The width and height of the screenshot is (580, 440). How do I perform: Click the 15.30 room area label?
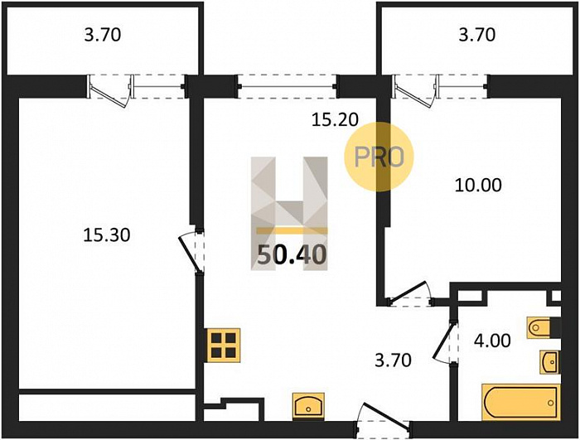[107, 235]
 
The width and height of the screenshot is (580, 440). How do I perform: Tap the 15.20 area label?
[335, 119]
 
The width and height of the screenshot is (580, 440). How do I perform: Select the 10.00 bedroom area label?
[478, 185]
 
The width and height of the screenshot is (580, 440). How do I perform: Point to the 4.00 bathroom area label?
[492, 341]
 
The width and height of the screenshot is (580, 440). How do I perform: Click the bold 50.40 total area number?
[292, 255]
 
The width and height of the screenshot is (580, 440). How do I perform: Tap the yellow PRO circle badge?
[379, 157]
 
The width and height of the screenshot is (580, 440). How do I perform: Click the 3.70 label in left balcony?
[103, 35]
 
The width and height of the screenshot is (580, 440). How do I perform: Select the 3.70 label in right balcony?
[476, 35]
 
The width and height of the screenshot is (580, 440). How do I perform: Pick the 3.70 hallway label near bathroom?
[393, 360]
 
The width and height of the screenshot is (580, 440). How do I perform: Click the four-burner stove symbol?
[224, 345]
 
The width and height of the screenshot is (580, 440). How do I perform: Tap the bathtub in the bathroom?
[521, 402]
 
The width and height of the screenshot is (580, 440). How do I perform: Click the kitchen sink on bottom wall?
[308, 406]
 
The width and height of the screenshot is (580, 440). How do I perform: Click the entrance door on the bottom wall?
[384, 418]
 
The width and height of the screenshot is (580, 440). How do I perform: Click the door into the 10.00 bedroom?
[409, 293]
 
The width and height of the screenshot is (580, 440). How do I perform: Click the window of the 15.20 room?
[287, 87]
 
